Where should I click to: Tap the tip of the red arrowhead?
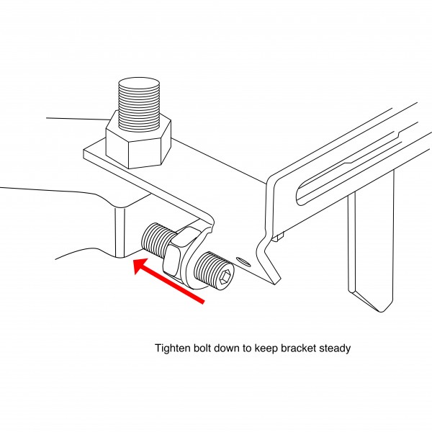point(135,264)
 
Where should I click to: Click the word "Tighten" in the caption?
point(174,348)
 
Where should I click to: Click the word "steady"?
point(335,348)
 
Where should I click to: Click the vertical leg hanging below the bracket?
point(370,245)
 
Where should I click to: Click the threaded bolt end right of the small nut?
point(216,270)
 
